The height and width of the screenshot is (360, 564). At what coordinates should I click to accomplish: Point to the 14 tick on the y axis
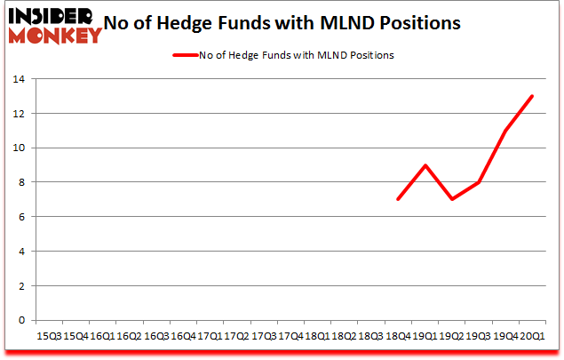tap(19, 80)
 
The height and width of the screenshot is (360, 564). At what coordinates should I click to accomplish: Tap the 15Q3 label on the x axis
tap(48, 335)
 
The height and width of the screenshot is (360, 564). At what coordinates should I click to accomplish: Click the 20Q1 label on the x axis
tap(533, 335)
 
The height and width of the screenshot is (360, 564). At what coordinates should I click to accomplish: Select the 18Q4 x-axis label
tap(398, 335)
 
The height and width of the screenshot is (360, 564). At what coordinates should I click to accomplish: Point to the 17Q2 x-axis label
tap(236, 335)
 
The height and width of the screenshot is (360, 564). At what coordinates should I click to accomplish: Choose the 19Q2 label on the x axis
tap(452, 335)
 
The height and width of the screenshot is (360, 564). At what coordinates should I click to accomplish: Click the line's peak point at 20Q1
tap(533, 97)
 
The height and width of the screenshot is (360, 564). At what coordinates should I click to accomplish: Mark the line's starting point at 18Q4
tap(398, 200)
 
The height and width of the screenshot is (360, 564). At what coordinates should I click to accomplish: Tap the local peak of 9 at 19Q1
tap(425, 165)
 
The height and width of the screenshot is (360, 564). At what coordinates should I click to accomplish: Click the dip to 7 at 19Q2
tap(452, 200)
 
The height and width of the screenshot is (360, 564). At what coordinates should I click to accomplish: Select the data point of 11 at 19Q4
tap(506, 132)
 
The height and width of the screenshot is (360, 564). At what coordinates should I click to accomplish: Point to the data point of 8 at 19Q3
tap(479, 183)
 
